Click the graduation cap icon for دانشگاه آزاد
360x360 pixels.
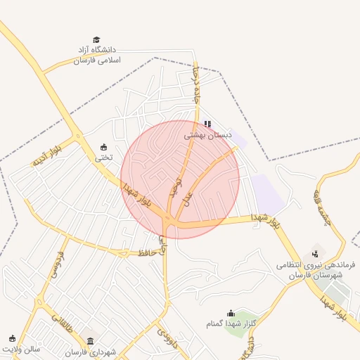96,40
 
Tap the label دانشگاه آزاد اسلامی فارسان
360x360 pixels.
98,55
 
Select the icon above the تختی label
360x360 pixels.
104,147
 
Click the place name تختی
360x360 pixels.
104,157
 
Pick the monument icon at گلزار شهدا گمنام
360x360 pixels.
231,313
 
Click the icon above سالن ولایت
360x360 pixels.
12,338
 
